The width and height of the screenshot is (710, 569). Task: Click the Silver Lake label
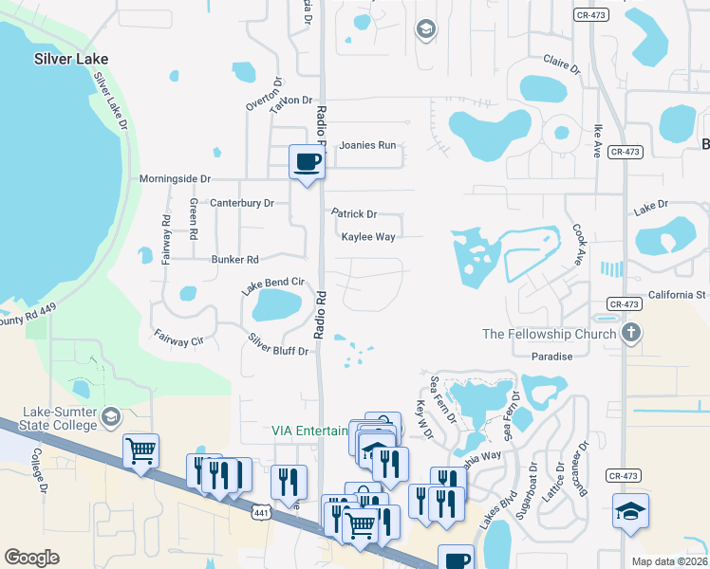point(71,59)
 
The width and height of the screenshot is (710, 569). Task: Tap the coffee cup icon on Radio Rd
point(307,161)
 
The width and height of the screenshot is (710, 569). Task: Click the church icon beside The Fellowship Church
point(631,334)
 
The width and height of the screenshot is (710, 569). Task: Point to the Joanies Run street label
point(367,146)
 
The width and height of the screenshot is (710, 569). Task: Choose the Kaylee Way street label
point(368,237)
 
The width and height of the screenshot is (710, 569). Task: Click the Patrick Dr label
point(354,214)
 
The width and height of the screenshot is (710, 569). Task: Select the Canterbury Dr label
point(241,203)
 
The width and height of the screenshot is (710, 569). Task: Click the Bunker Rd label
point(234,259)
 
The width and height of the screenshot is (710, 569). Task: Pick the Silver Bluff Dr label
point(278,345)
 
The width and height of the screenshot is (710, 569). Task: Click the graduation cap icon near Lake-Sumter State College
point(111,416)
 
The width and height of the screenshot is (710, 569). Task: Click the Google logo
point(31,558)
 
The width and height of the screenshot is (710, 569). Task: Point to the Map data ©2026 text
point(668,561)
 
